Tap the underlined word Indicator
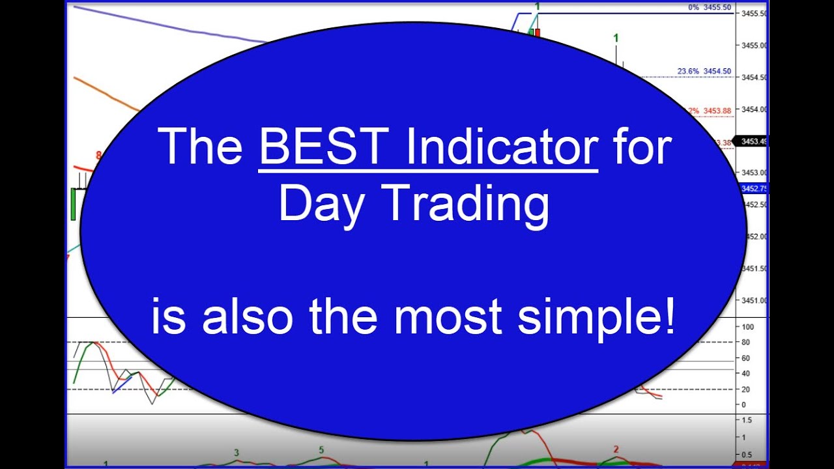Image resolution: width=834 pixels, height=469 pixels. tap(501, 147)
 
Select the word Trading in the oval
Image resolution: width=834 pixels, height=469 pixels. tap(468, 205)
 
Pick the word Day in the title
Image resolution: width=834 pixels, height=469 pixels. tap(320, 205)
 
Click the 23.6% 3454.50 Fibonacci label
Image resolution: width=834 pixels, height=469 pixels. tap(704, 72)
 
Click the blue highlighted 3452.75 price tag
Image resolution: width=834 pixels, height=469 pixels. tap(754, 189)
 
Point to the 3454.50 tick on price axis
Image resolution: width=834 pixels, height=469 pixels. tap(753, 78)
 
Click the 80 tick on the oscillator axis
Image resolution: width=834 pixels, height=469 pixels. tap(745, 343)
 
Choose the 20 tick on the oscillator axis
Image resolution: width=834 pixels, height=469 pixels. tap(745, 390)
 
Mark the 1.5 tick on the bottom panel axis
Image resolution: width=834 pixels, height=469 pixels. tap(747, 421)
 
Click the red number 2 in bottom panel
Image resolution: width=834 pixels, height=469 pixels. tap(616, 449)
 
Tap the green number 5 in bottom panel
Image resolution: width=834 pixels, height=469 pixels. tap(321, 450)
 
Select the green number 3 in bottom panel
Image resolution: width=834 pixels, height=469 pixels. tap(237, 452)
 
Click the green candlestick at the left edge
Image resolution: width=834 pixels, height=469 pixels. tap(74, 203)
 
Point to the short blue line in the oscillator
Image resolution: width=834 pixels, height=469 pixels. tap(122, 385)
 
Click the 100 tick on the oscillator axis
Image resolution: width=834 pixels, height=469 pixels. tap(747, 327)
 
